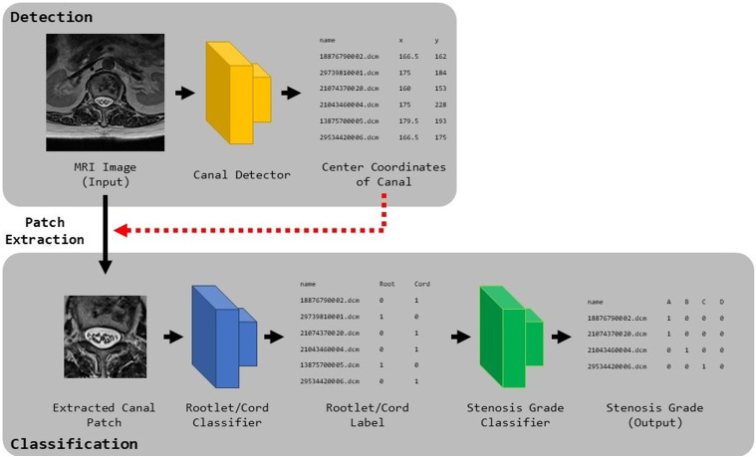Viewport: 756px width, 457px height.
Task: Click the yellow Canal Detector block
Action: click(238, 93)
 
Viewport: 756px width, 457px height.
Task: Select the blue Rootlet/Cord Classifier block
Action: click(224, 337)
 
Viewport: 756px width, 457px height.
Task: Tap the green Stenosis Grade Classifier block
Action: click(511, 337)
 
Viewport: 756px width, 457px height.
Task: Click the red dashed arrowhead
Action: click(121, 230)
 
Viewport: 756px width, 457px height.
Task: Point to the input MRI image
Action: click(106, 93)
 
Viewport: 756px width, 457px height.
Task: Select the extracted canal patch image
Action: click(106, 337)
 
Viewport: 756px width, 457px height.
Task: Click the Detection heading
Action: click(51, 17)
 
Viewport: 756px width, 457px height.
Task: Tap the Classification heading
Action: click(74, 443)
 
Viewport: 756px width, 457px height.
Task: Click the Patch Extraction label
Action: click(45, 231)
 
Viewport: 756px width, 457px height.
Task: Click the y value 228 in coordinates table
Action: click(440, 105)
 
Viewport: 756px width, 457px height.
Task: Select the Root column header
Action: click(386, 284)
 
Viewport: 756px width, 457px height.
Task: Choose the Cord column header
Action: click(422, 284)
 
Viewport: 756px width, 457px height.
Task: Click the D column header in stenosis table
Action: click(721, 302)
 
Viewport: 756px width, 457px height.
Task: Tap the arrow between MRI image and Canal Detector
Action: click(184, 93)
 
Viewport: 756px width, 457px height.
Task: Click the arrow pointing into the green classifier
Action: click(461, 337)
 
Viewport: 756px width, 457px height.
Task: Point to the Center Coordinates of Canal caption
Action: click(383, 174)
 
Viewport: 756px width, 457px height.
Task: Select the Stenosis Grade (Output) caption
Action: click(654, 415)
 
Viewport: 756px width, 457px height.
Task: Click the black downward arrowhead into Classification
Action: click(106, 267)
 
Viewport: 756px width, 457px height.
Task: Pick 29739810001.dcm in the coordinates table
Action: click(349, 73)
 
